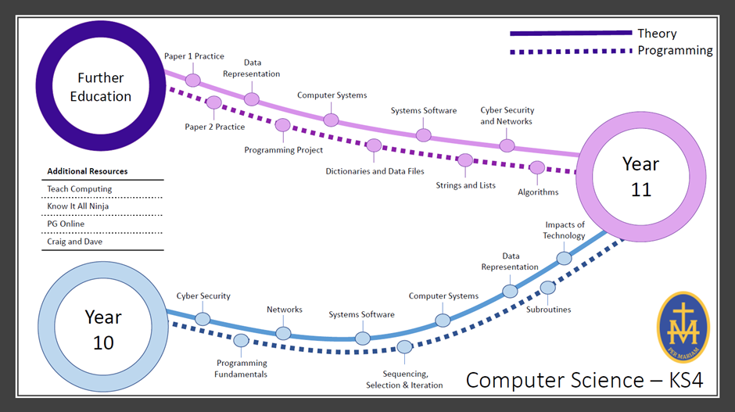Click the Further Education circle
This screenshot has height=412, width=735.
100,87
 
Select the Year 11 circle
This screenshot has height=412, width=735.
640,177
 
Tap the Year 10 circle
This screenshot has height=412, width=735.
103,329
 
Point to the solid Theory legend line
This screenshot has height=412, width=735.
570,34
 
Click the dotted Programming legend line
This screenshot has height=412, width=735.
570,51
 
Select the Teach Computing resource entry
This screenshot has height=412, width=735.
80,189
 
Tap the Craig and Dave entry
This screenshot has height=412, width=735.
74,242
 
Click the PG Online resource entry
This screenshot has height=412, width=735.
66,224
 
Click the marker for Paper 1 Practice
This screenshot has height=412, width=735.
193,80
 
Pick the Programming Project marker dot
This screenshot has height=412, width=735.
283,124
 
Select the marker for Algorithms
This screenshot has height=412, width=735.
537,167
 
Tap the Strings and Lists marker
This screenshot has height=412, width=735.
465,160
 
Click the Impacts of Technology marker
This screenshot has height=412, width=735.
564,258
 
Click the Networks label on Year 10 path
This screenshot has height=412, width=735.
285,310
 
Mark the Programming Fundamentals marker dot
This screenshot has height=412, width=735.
241,340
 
